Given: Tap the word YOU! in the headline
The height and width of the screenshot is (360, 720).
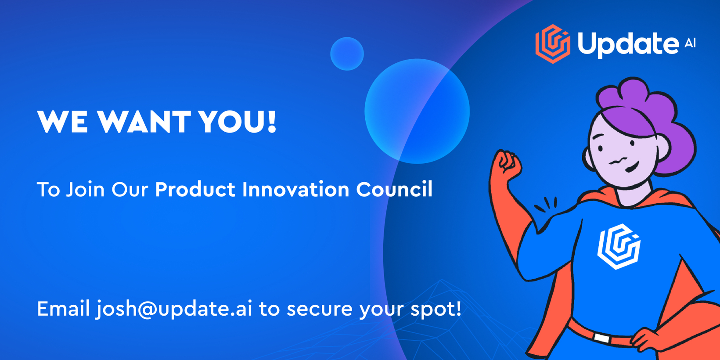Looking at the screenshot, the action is tap(237, 122).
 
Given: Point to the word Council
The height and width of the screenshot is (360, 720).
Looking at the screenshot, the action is tap(394, 189).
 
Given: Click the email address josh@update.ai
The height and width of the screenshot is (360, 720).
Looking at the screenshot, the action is tap(174, 309).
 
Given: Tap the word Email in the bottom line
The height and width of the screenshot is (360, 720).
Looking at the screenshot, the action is tap(63, 309).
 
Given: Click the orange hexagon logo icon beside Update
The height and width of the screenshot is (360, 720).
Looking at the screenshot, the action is tap(553, 44).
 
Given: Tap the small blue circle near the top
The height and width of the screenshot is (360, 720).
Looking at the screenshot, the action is tap(347, 54).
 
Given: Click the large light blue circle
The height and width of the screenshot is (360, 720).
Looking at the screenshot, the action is tap(417, 111).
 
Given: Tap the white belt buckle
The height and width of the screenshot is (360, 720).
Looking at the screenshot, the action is tap(601, 338).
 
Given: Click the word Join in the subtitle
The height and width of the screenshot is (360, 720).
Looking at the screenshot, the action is tap(85, 189).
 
